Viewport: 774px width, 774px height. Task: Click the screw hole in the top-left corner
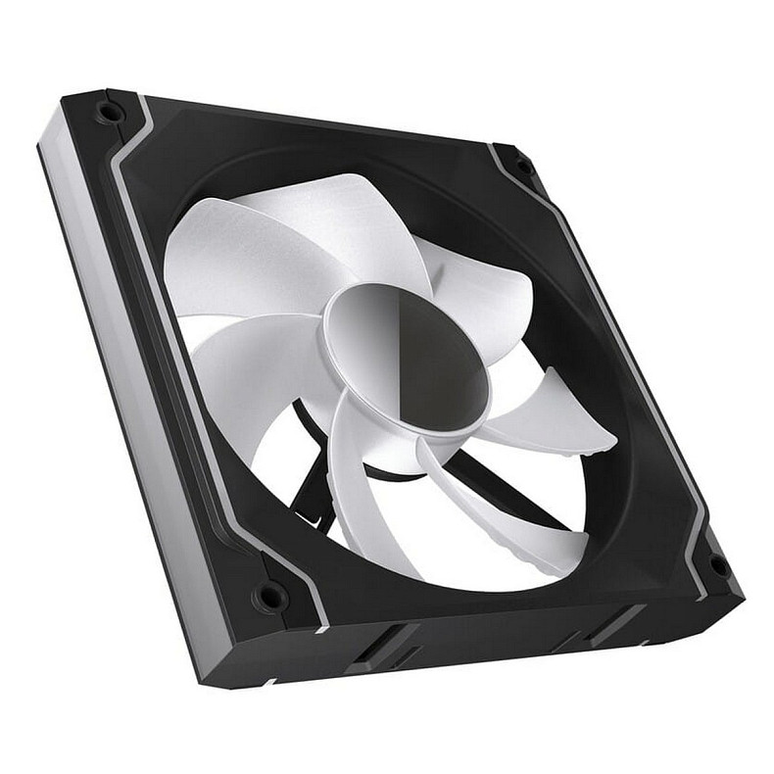click(109, 112)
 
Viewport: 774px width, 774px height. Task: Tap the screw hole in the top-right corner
click(524, 167)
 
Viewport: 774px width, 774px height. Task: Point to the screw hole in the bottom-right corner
click(717, 565)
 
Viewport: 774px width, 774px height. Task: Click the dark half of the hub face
click(446, 363)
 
